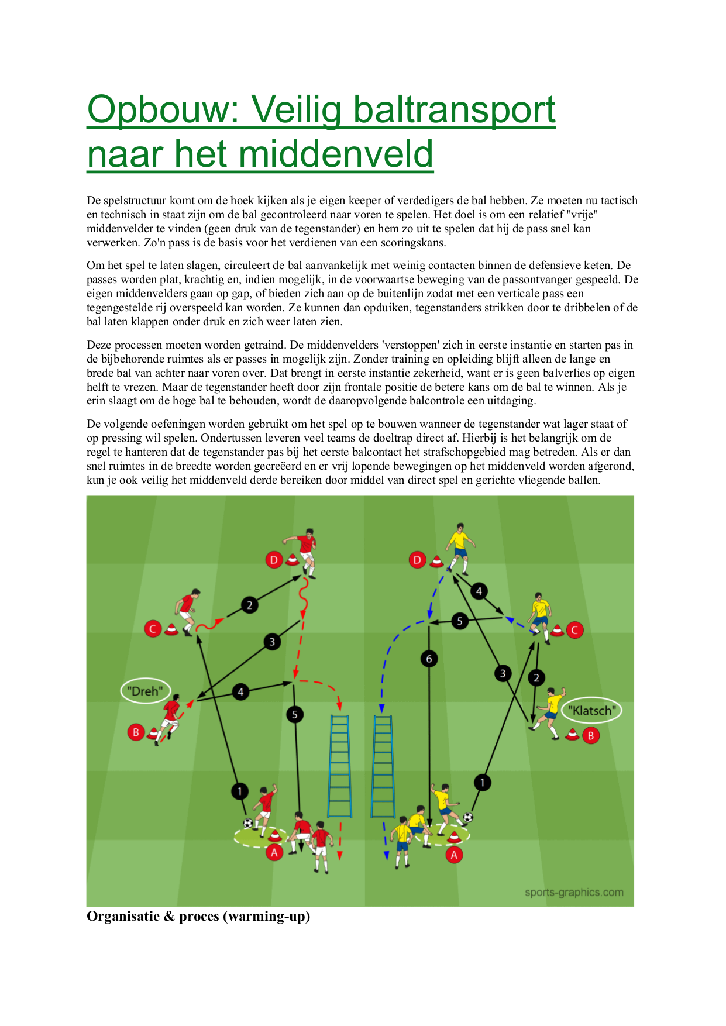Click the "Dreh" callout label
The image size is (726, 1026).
pyautogui.click(x=146, y=691)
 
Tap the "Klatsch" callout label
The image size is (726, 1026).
pyautogui.click(x=592, y=710)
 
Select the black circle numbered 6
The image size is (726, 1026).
pyautogui.click(x=429, y=659)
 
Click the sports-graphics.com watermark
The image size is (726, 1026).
pyautogui.click(x=574, y=892)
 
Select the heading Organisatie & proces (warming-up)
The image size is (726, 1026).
pyautogui.click(x=198, y=916)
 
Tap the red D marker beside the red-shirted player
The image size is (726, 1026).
pyautogui.click(x=274, y=560)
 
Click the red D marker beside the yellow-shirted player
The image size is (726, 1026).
pyautogui.click(x=417, y=560)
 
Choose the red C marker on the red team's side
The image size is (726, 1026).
pyautogui.click(x=153, y=629)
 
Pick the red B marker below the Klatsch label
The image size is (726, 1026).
pyautogui.click(x=591, y=735)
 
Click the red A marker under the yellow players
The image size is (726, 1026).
pyautogui.click(x=454, y=855)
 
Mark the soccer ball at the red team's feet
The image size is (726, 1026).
pyautogui.click(x=248, y=823)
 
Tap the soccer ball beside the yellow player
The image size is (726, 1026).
pyautogui.click(x=468, y=817)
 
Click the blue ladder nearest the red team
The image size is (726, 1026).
pyautogui.click(x=340, y=765)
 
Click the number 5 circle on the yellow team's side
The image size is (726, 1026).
pyautogui.click(x=460, y=621)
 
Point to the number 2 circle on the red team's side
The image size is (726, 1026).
pyautogui.click(x=249, y=605)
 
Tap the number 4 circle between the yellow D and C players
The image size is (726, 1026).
pyautogui.click(x=479, y=591)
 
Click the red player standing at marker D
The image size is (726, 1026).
pyautogui.click(x=303, y=553)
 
